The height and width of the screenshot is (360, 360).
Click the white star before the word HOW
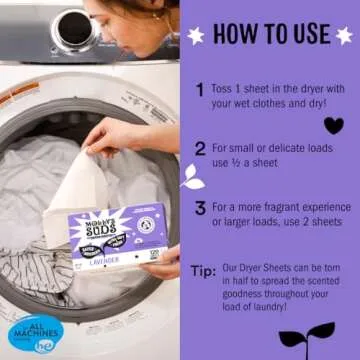[x=197, y=35]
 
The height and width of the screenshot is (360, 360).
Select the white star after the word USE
[x=346, y=35]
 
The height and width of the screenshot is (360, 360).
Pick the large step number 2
[x=201, y=148]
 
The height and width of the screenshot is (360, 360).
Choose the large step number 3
[x=201, y=209]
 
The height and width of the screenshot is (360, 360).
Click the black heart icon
[x=333, y=125]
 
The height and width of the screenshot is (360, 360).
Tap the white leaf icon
[x=192, y=177]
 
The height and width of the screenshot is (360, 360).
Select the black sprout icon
[x=306, y=332]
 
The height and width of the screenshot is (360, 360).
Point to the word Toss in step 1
[x=224, y=89]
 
